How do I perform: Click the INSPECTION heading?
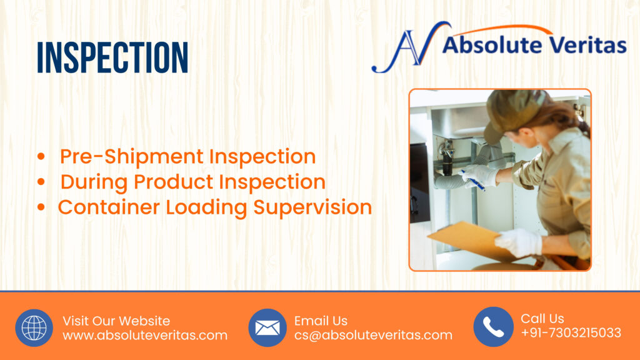112,57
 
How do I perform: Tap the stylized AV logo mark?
410,47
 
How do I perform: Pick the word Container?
109,207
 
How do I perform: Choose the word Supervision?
312,207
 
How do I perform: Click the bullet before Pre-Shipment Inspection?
41,156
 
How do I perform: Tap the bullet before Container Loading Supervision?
41,207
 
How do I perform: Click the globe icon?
34,327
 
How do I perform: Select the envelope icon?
267,327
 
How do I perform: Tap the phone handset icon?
493,327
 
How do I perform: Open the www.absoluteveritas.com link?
145,336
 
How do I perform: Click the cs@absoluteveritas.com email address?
374,335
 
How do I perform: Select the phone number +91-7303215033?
571,333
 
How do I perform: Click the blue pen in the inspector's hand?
473,181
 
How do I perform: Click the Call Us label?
542,318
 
